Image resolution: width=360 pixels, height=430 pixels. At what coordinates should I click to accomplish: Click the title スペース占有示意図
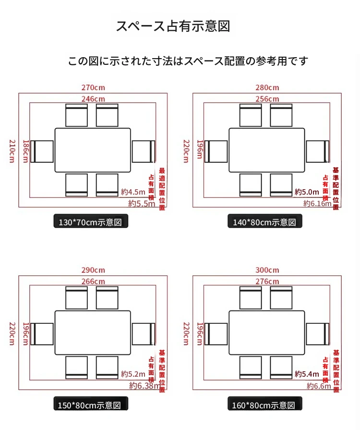173,26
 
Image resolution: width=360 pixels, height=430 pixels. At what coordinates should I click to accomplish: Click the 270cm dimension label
93,87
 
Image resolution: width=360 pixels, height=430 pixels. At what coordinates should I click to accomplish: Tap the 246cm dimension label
93,98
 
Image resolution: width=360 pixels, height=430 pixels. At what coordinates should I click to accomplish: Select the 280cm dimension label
267,87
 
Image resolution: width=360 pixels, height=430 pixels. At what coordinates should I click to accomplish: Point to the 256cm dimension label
267,98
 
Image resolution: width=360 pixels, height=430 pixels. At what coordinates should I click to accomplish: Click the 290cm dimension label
93,270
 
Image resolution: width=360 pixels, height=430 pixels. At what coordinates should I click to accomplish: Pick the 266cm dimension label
93,281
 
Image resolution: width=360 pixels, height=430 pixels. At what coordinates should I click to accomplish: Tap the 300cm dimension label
267,270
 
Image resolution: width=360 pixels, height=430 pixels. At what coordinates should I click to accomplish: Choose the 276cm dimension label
267,281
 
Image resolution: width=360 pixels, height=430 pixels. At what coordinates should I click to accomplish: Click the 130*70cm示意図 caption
91,222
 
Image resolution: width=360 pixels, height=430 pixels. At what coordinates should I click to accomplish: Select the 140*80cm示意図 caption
265,222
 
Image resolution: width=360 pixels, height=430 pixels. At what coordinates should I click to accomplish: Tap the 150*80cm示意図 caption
91,405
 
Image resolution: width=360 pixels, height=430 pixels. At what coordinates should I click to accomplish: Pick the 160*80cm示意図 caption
265,405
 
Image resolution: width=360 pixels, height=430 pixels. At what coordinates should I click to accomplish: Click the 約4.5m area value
132,192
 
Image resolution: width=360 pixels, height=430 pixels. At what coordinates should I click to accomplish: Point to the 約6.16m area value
317,203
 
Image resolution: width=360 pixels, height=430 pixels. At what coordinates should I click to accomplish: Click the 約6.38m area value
144,385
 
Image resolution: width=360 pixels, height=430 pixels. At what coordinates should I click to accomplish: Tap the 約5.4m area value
307,374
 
